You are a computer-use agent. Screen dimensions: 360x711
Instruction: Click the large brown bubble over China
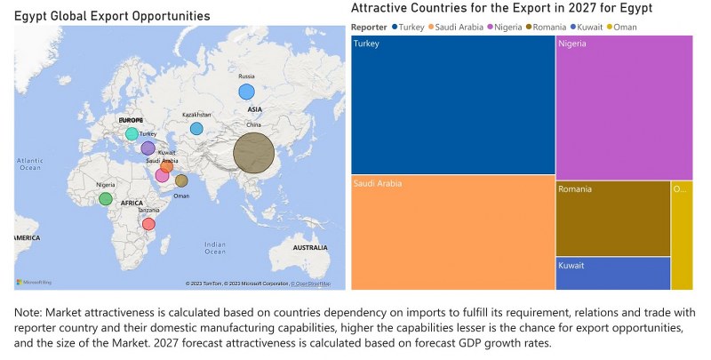(x=254, y=153)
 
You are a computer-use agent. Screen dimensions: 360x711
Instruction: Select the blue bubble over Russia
(x=246, y=92)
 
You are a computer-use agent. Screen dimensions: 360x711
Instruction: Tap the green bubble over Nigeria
(x=106, y=199)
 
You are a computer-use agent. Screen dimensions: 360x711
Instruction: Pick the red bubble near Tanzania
(x=148, y=224)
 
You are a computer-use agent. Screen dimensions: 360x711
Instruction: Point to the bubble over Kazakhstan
(x=196, y=129)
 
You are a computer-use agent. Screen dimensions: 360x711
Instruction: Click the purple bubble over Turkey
(x=148, y=148)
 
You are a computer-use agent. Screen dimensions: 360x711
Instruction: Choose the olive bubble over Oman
(x=181, y=181)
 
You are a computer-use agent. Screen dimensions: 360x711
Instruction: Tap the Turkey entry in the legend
(x=408, y=27)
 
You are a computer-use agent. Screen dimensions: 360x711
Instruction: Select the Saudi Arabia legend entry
(x=458, y=27)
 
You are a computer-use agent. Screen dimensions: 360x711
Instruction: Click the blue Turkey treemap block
(x=452, y=105)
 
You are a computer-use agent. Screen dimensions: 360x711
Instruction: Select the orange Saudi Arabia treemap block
(x=452, y=232)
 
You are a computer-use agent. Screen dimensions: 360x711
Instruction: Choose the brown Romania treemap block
(x=612, y=219)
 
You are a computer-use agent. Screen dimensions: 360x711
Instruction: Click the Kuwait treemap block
(x=612, y=273)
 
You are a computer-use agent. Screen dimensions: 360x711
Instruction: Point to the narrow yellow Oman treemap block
(x=682, y=235)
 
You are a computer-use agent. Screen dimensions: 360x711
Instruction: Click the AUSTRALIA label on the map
(x=310, y=246)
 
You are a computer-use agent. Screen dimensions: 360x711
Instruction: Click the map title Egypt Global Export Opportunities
(x=112, y=16)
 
